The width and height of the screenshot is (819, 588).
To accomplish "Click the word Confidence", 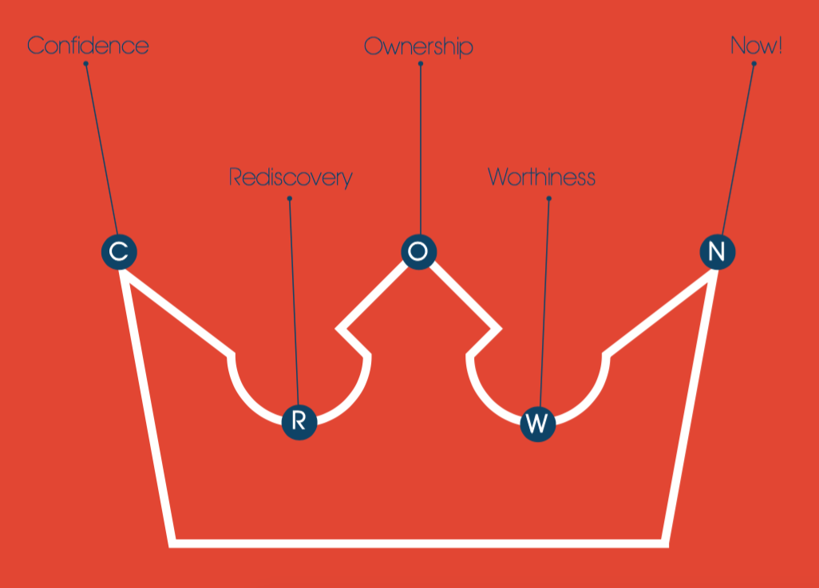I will point(88,45).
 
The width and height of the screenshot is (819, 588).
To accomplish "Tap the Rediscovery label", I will point(291,176).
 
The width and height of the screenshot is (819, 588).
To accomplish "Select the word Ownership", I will point(418,46).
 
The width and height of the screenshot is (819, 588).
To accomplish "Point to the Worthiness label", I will point(541,176).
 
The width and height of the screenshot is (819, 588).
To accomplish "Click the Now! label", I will point(756,45).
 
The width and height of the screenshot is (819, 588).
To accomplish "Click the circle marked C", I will point(119,252).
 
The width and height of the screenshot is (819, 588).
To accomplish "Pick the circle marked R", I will point(299,420).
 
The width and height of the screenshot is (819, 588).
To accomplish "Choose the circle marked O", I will point(419,251).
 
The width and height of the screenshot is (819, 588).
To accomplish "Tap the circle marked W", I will point(538,424).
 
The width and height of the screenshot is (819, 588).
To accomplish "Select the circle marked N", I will point(717,252).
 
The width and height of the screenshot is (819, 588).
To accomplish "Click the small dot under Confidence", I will point(85,64).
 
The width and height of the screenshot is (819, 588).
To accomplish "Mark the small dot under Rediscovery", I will point(290,199).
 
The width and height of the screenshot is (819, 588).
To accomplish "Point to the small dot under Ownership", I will point(421,64).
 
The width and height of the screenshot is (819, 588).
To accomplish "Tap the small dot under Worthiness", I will point(549,199).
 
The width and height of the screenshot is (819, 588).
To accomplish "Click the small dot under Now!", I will point(754,64).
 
